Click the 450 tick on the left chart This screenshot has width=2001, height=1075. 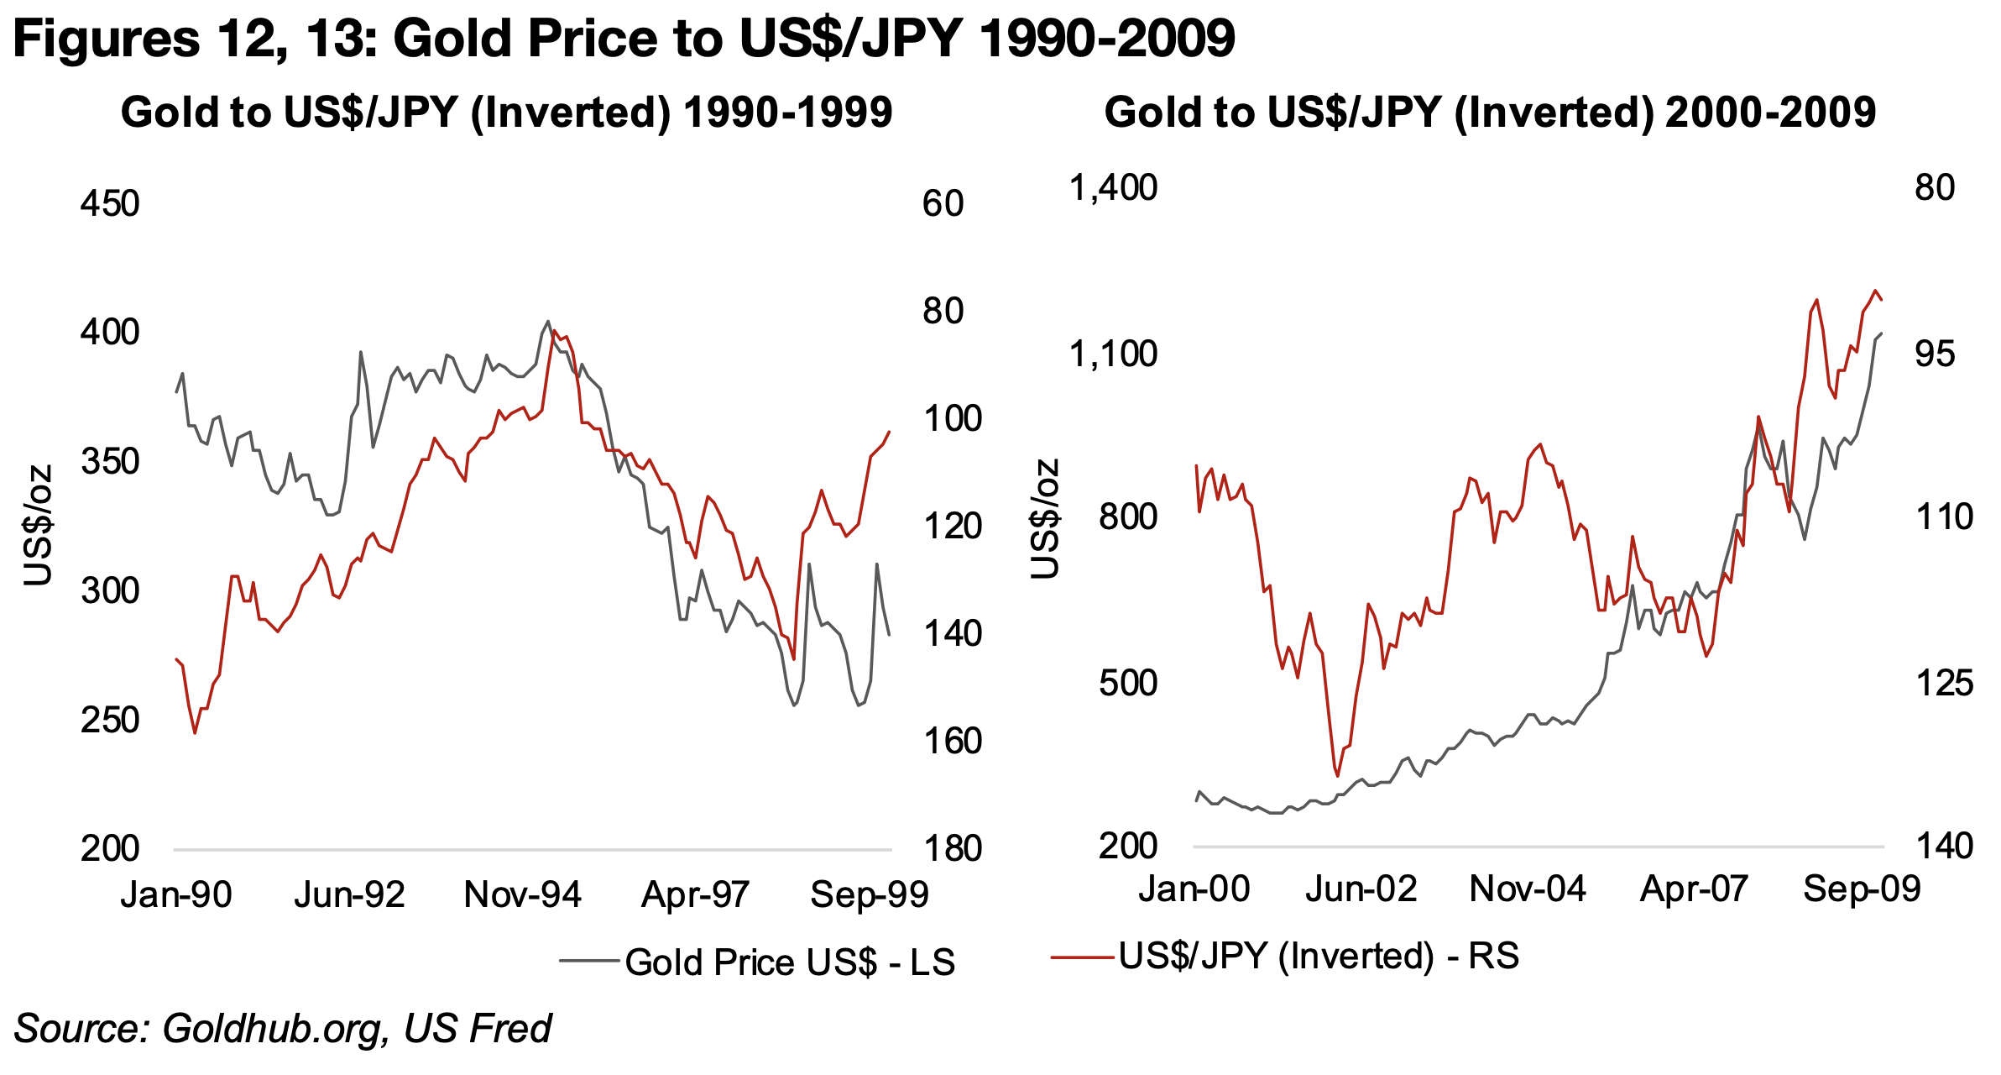coord(109,204)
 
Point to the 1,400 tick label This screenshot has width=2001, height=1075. coord(1112,187)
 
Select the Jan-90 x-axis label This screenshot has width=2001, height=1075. coord(175,894)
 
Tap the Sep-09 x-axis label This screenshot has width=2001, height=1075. coord(1862,889)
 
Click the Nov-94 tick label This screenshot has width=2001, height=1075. coord(522,894)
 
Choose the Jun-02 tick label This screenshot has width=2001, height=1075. coord(1361,889)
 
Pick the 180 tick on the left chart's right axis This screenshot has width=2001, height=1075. coord(952,849)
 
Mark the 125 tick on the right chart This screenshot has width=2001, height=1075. coord(1944,684)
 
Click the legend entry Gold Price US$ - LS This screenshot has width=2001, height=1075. coord(789,962)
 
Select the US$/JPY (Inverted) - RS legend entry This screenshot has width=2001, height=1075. coord(1318,956)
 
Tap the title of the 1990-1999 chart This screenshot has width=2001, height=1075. coord(506,113)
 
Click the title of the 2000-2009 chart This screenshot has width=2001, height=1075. coord(1490,113)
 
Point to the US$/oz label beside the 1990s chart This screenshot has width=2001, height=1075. coord(39,525)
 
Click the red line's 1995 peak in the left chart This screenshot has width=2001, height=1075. coord(554,330)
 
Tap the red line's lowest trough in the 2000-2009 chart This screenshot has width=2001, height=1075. coord(1338,776)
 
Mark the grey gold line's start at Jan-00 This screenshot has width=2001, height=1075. coord(1196,800)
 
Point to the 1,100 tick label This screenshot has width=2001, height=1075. coord(1112,354)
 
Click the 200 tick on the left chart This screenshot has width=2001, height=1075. coord(109,849)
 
